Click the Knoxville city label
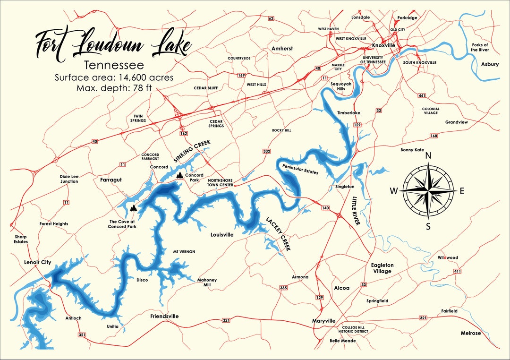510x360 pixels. point(383,45)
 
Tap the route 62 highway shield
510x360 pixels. point(271,18)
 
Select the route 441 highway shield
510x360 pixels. point(422,96)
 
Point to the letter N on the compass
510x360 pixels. point(428,155)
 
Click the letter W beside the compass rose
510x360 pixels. point(393,191)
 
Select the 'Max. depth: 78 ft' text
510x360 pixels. point(114,88)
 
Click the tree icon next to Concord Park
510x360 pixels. point(179,175)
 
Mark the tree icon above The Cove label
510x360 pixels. point(134,208)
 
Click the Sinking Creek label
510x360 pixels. point(191,152)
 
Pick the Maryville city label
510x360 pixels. point(323,321)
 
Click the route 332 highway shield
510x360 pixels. point(267,151)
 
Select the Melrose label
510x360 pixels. point(470,333)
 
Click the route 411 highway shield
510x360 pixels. point(457,271)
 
